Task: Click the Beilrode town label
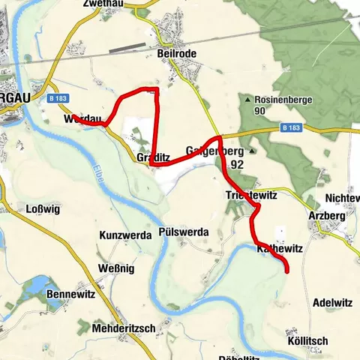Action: click(178, 53)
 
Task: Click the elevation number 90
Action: click(260, 111)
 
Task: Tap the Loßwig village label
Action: click(43, 209)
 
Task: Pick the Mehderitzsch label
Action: click(123, 328)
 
